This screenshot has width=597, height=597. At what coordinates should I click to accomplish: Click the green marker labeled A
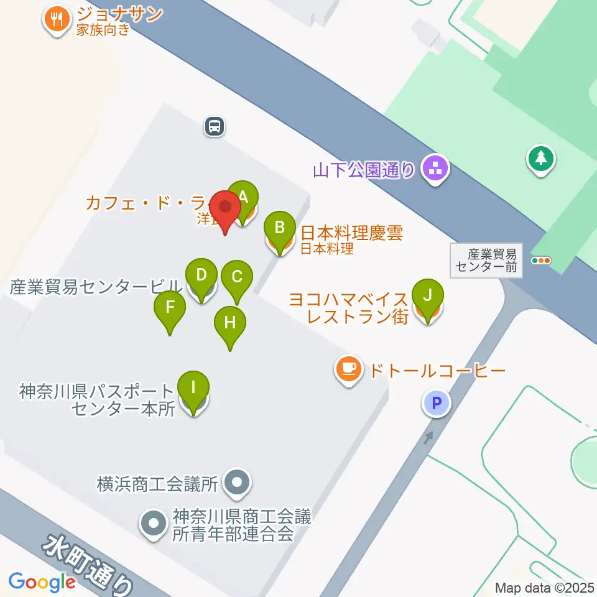(243, 198)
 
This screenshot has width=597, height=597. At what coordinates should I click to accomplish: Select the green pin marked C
(236, 277)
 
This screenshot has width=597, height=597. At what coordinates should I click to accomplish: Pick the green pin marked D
(201, 275)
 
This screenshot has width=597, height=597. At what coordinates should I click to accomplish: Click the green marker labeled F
(170, 307)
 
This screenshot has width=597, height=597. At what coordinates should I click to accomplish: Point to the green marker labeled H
(230, 323)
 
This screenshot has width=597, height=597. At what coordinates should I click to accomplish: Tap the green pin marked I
(193, 389)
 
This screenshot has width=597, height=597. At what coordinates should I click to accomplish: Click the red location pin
(224, 208)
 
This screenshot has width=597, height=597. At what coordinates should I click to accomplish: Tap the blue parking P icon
(437, 403)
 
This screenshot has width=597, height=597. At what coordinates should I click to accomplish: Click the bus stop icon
(214, 127)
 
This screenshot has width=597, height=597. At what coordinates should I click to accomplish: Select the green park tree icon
(541, 159)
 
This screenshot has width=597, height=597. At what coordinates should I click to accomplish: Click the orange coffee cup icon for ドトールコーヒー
(349, 369)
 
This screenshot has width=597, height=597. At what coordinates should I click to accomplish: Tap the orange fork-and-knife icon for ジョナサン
(58, 19)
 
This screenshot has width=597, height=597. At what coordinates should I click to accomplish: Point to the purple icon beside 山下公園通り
(435, 167)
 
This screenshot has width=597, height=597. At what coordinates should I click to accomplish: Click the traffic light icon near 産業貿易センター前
(541, 261)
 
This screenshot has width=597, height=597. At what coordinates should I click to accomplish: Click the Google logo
(42, 582)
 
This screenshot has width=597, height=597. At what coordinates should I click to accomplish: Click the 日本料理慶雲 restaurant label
(351, 234)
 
